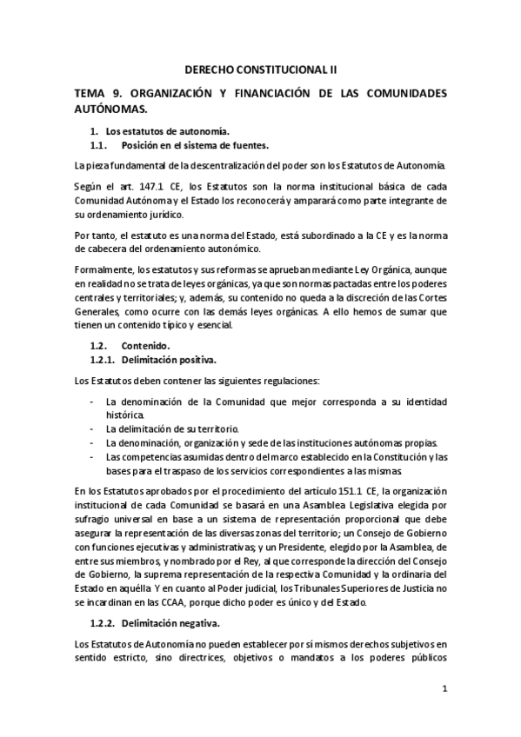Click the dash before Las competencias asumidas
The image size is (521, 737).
pos(93,455)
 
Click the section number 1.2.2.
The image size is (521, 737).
pos(104,623)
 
